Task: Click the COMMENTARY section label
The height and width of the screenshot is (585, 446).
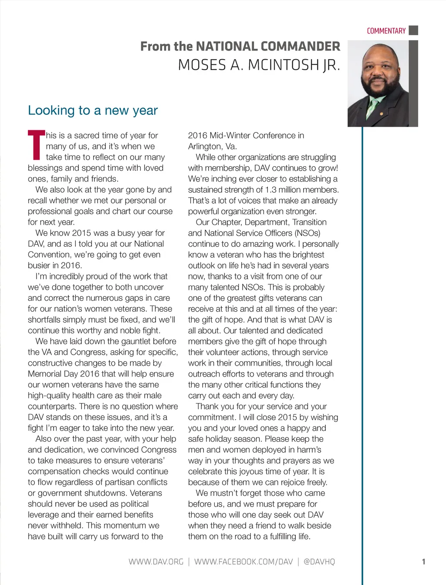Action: (x=386, y=31)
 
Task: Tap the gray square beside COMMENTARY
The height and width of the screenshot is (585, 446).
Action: (x=414, y=30)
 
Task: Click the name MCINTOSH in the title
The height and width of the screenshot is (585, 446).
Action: (x=284, y=65)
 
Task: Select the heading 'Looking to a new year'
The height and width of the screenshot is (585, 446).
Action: (x=93, y=111)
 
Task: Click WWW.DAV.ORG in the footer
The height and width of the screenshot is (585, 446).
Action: (x=156, y=561)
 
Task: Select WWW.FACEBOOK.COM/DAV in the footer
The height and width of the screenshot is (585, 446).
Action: (x=243, y=561)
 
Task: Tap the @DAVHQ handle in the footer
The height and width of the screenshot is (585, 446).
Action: (x=319, y=561)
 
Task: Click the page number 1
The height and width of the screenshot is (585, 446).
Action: (x=423, y=561)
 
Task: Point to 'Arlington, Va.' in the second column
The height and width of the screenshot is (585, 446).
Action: (x=213, y=146)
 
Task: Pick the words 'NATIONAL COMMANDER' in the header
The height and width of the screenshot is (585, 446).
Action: (x=268, y=46)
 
